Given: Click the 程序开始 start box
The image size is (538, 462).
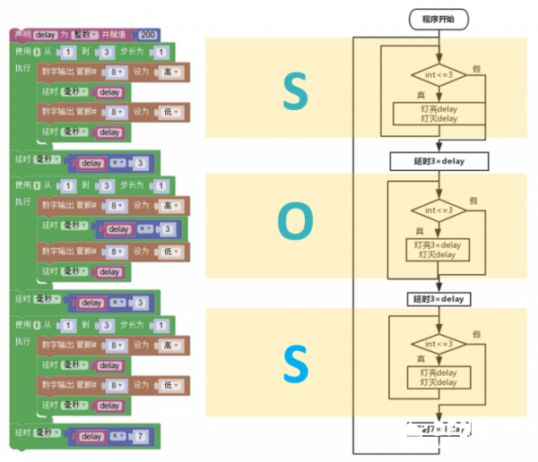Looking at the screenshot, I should [438, 18].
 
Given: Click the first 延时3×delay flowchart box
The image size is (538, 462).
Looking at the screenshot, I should [439, 161].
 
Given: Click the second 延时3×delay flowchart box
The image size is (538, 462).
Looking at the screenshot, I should [439, 298].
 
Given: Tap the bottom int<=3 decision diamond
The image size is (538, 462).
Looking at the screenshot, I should [439, 344].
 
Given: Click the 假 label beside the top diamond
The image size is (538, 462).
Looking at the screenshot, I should [476, 68].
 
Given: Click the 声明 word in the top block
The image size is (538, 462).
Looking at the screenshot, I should [22, 35].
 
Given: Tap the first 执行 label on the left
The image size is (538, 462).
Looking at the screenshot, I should [23, 67].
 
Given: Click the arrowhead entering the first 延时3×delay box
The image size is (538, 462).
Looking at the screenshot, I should [439, 149].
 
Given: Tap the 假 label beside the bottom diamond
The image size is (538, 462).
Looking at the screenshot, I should [476, 335].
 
